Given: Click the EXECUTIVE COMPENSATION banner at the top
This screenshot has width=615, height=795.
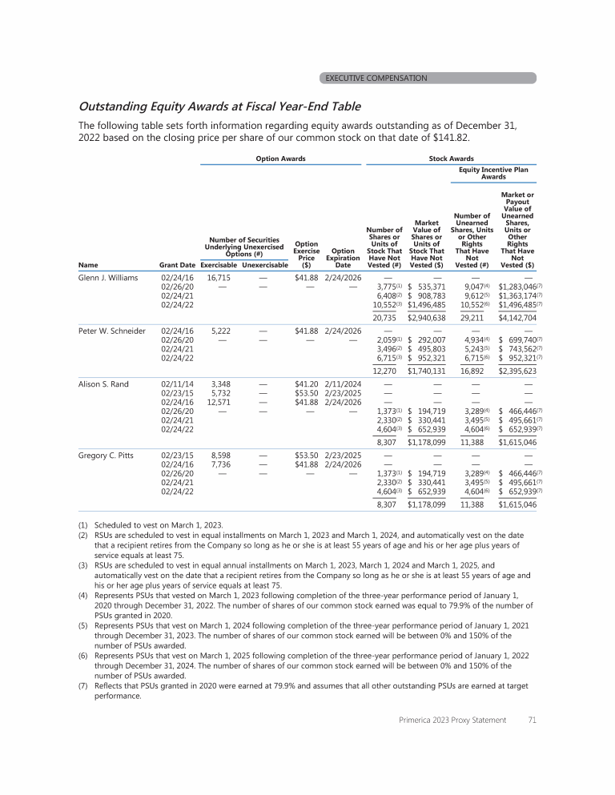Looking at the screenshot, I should coord(376,78).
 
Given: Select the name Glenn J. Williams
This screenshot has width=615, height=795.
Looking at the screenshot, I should coord(108,278).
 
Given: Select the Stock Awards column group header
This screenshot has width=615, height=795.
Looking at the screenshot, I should coord(452,159).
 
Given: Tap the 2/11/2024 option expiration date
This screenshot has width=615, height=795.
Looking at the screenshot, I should coord(343,384).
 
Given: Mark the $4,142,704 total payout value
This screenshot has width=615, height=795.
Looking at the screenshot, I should coord(517,318).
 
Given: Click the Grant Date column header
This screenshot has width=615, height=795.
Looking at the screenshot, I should coord(177,264).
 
